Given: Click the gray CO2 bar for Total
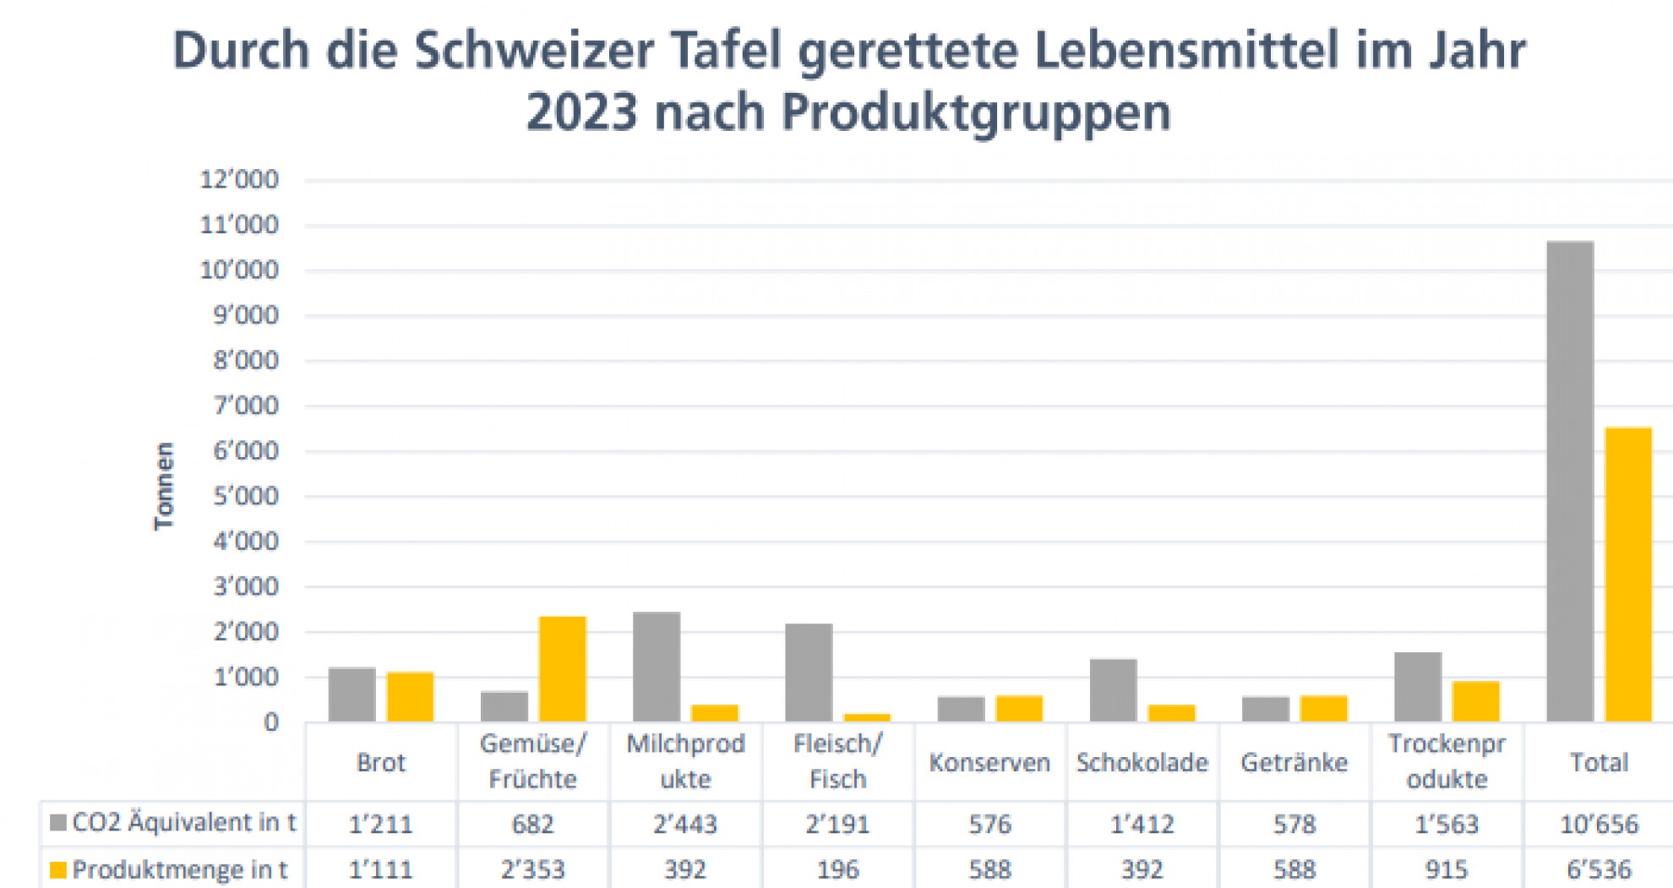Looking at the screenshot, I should point(1570,482).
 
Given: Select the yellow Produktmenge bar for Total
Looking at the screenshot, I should point(1628,575).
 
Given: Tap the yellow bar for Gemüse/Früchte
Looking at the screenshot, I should point(563,669).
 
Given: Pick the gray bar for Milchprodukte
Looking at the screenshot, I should point(657,667).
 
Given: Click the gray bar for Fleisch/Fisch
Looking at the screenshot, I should point(809,673).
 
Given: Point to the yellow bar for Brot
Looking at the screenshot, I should point(411,697).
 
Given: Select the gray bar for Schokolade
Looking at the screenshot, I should point(1114,690).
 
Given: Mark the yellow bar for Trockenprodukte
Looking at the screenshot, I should point(1476,701).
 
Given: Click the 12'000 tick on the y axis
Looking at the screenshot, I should point(239,180).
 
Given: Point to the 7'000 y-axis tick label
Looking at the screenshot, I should point(245,406).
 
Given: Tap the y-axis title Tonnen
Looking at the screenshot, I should point(163,487).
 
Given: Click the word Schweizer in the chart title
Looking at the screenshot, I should point(534,51).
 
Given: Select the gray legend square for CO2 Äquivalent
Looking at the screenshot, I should point(58,823).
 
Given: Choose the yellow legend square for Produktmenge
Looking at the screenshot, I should point(58,869).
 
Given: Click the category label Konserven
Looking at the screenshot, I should point(989,763).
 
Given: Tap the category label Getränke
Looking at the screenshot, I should point(1294,763).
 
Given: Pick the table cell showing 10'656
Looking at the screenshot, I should point(1599,824).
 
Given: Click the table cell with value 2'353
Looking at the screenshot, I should point(533,869).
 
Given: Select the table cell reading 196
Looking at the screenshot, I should point(837,869).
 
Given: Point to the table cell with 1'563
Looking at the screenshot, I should point(1447,824).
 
